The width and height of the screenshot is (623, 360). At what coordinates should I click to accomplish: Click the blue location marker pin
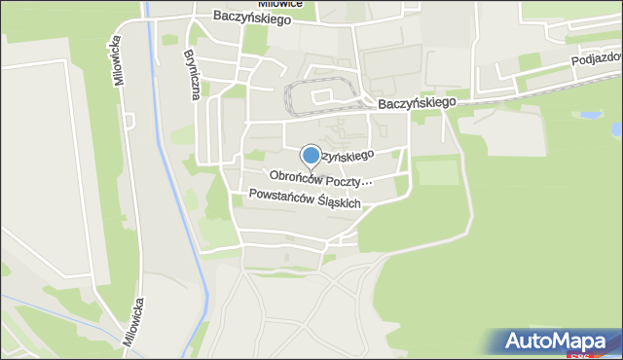click(311, 156)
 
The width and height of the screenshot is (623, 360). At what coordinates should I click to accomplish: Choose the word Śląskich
click(338, 202)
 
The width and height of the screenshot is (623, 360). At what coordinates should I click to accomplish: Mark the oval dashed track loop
click(320, 94)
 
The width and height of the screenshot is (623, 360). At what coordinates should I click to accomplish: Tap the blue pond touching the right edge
click(615, 128)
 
